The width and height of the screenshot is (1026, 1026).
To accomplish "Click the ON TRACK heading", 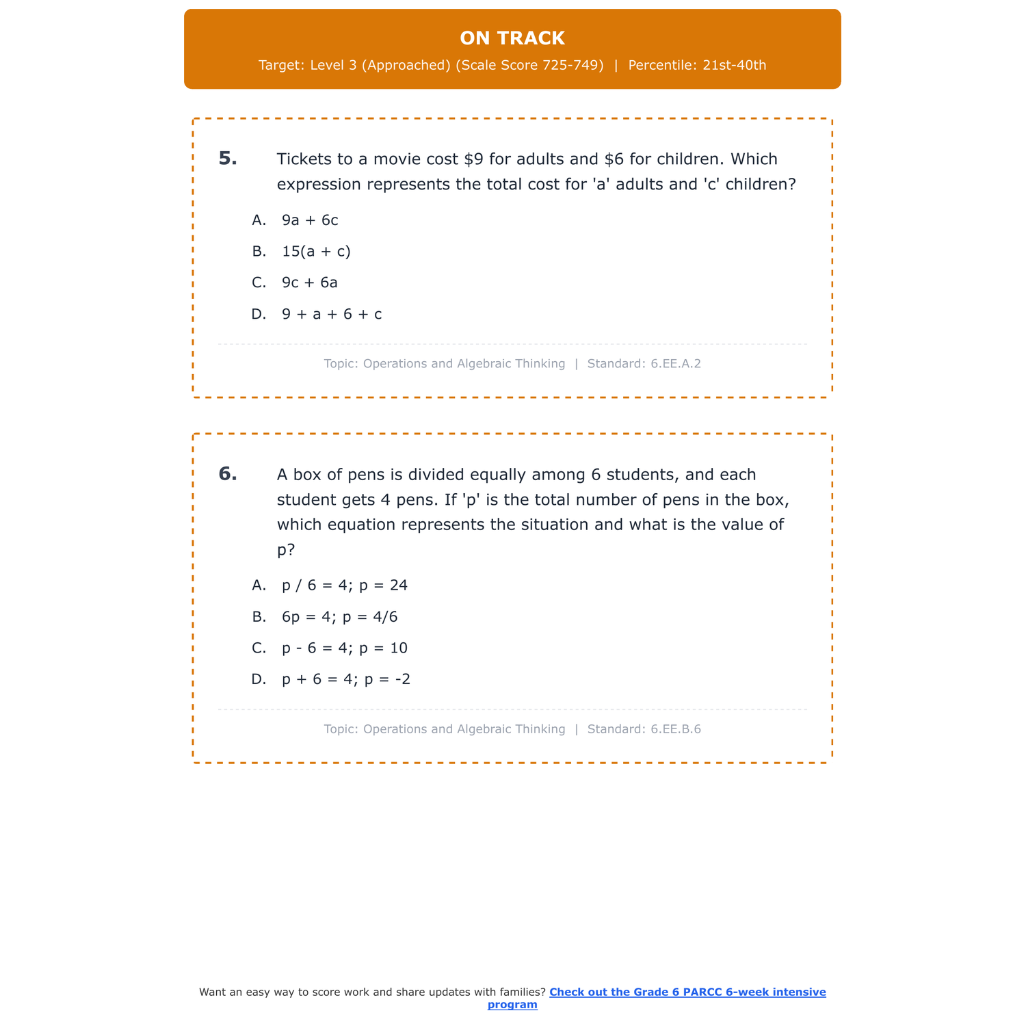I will click(x=512, y=38).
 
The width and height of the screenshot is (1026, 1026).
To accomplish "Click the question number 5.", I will click(x=228, y=159).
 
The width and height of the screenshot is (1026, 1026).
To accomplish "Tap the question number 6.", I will click(x=228, y=474).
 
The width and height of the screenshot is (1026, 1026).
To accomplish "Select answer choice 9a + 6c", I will click(x=310, y=220).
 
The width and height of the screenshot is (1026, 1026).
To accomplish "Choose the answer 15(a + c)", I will click(x=316, y=252).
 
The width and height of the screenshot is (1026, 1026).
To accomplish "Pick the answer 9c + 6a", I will click(x=310, y=282).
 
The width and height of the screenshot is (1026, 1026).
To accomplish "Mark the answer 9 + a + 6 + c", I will click(x=332, y=315).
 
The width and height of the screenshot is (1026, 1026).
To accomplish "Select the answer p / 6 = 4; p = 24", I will click(x=345, y=586).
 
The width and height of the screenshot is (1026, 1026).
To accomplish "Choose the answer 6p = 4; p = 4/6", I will click(x=339, y=617).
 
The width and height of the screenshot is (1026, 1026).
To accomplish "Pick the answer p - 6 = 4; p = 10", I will click(x=345, y=648).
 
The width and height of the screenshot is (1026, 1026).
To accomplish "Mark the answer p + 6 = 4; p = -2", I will click(x=346, y=680).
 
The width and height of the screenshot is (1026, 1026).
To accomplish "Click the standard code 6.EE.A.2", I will click(x=676, y=364).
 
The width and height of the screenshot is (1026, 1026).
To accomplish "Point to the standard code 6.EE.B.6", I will click(x=676, y=729).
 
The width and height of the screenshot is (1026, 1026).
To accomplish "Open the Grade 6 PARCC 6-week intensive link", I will click(x=687, y=992).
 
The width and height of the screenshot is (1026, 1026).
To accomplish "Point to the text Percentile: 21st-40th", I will click(x=697, y=66).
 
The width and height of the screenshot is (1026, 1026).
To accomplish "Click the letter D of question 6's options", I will click(x=259, y=680).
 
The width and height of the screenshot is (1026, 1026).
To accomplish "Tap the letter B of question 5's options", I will click(x=259, y=252).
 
